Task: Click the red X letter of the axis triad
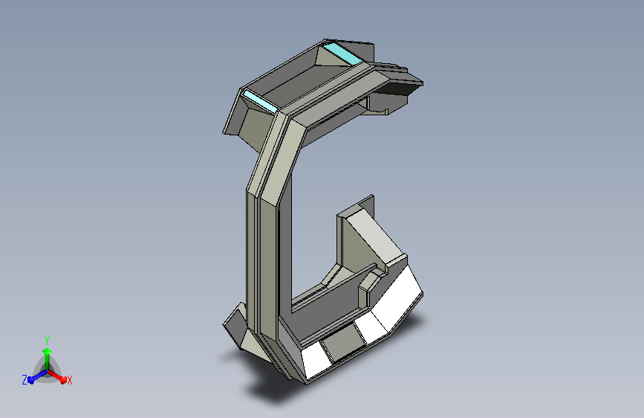tap(69, 381)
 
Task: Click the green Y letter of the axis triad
tap(47, 341)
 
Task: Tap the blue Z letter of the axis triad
tap(25, 380)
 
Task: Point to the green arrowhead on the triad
tap(48, 351)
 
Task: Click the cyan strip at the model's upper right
tap(342, 54)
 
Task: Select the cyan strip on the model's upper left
tap(259, 102)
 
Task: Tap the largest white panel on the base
tap(397, 297)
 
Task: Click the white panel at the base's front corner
tap(316, 361)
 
